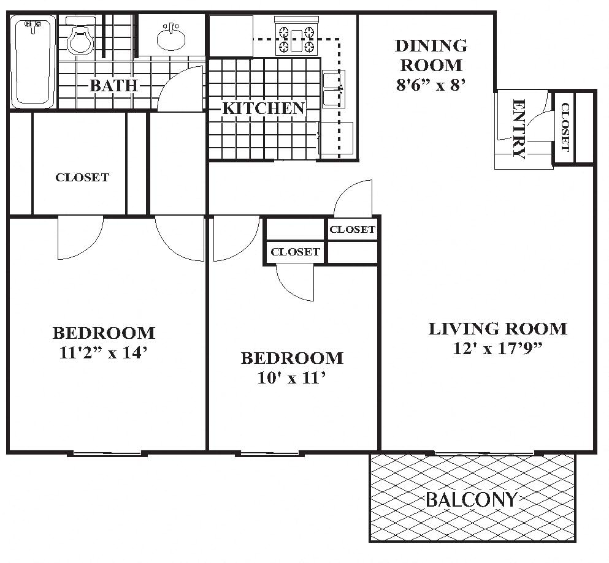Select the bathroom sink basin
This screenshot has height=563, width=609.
171,39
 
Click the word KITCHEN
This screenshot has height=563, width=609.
263,108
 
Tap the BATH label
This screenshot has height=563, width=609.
113,85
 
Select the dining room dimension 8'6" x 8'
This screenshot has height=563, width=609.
431,85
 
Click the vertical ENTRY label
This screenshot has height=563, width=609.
518,129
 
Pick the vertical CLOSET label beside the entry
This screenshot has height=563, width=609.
565,127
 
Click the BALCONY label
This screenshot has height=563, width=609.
472,500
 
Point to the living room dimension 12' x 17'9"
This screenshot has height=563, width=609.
497,349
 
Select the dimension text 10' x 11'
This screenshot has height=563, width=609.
291,378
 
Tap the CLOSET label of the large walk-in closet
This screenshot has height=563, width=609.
82,178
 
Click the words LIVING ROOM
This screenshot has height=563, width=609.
497,329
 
